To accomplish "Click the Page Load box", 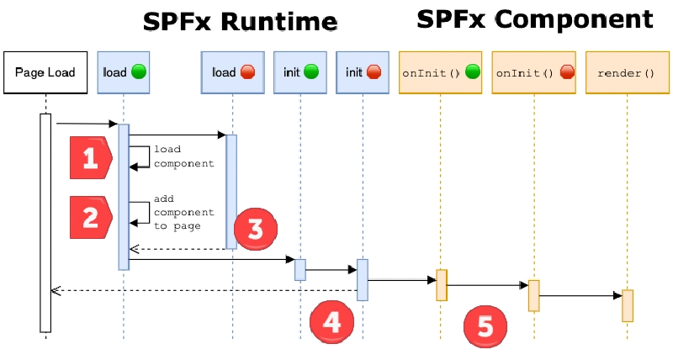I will (45, 72).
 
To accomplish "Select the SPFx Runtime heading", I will (240, 21).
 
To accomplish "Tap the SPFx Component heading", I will (534, 19).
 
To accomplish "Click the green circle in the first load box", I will (138, 72).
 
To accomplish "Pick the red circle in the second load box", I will (248, 72).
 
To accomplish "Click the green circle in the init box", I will (311, 72).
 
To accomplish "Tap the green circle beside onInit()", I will (472, 72).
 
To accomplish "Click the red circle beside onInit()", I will (566, 72).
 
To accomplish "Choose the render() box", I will (626, 73).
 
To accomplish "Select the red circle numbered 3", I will (256, 229).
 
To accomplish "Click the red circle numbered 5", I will (485, 325).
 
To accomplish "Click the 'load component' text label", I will (183, 156).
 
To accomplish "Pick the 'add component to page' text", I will (183, 212).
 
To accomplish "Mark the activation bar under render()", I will (627, 305).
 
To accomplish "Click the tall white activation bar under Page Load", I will (45, 222).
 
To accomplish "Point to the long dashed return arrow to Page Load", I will (202, 290).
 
